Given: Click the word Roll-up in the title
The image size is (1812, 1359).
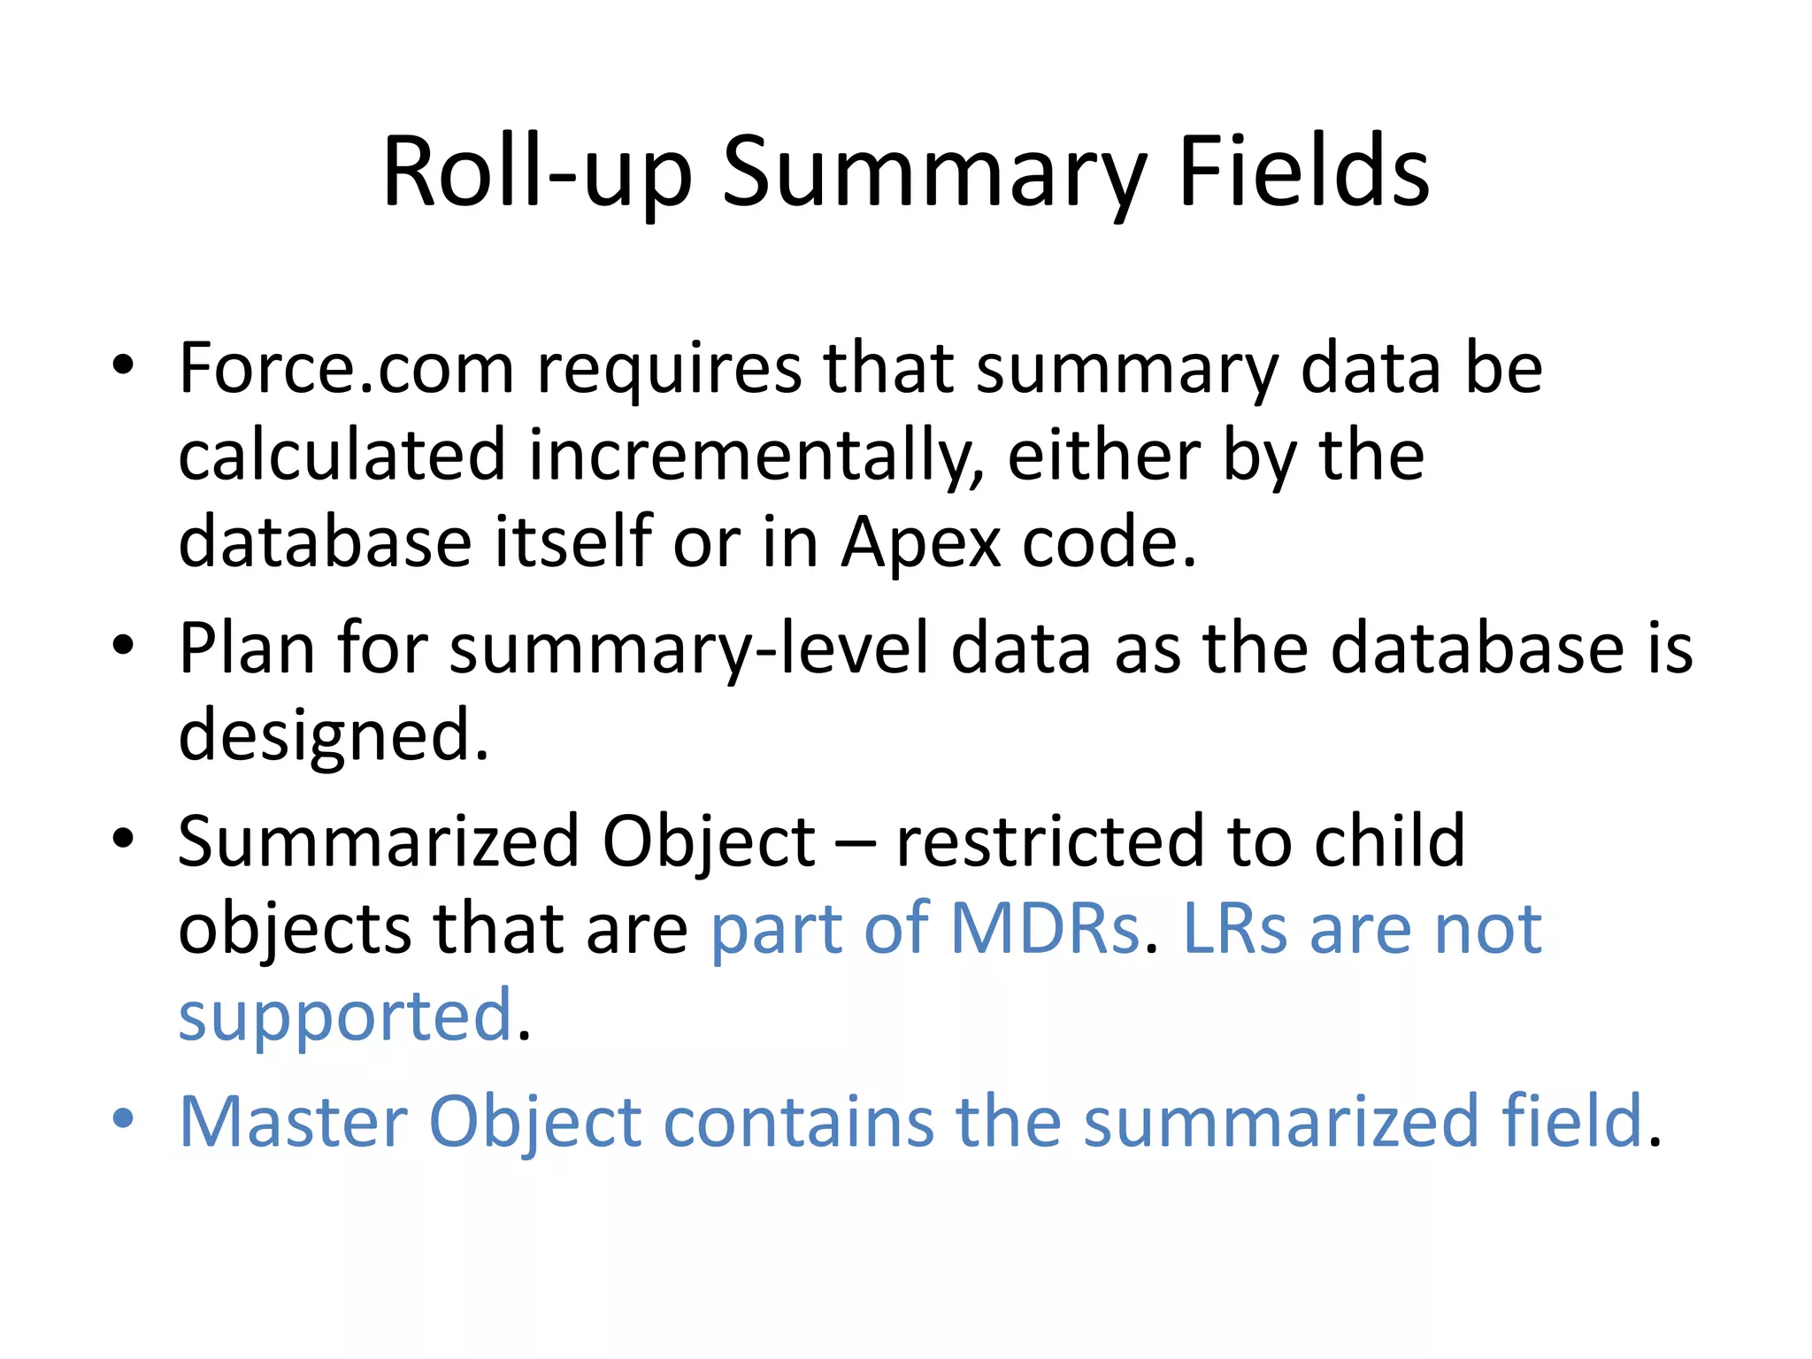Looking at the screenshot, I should tap(536, 172).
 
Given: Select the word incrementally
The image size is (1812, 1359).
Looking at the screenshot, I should tap(756, 455).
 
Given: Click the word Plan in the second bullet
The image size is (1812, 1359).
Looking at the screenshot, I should tap(247, 648).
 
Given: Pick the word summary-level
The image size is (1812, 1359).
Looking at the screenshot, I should tap(690, 649).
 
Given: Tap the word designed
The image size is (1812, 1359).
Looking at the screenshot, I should tap(333, 734).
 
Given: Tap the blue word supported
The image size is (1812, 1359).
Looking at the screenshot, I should tap(346, 1016).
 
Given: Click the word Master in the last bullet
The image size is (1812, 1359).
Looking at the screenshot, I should tap(293, 1121).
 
